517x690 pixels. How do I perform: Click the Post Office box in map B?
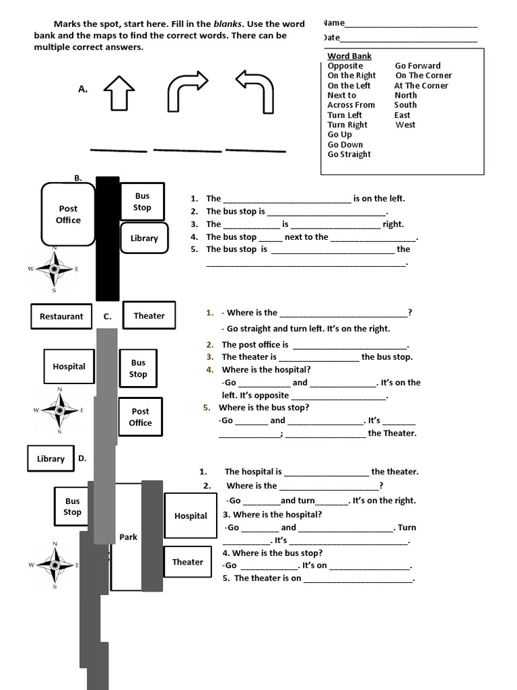click(x=68, y=214)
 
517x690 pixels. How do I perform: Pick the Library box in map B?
click(x=144, y=238)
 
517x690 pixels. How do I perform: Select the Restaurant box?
click(x=61, y=316)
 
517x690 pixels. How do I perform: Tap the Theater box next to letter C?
click(x=149, y=315)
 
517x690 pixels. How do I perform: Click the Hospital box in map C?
click(x=69, y=367)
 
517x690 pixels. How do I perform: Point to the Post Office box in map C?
click(x=140, y=417)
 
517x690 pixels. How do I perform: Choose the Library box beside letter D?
click(x=50, y=459)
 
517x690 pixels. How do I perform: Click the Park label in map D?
click(x=128, y=537)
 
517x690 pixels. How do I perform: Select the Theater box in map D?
click(x=187, y=562)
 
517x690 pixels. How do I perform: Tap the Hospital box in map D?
click(x=191, y=515)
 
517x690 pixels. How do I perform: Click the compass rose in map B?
click(x=54, y=269)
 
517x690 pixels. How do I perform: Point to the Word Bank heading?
click(x=349, y=56)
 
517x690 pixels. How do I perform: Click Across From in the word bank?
click(x=351, y=105)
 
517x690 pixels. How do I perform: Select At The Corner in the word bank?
click(x=421, y=86)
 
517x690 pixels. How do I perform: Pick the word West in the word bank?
click(x=405, y=125)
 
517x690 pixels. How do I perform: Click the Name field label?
click(x=334, y=23)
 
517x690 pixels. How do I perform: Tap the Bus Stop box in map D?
click(x=72, y=507)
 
